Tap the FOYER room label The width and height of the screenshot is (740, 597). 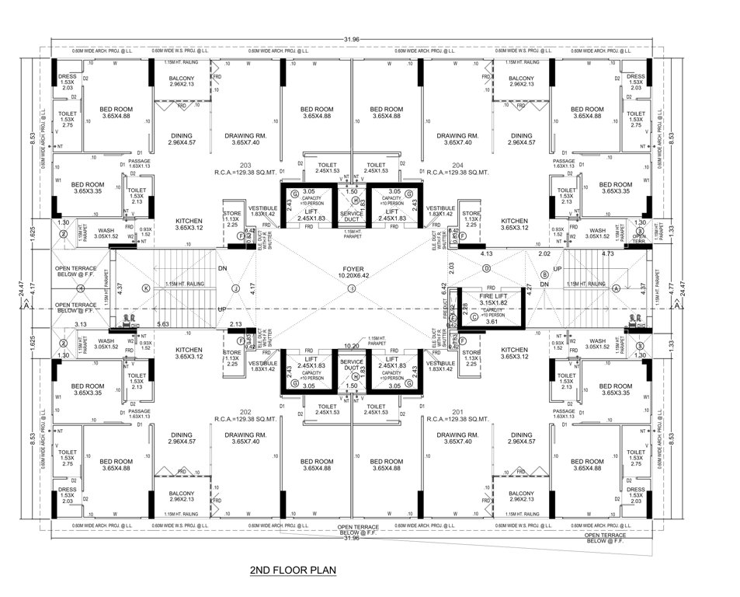point(351,269)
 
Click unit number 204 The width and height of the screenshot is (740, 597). point(457,166)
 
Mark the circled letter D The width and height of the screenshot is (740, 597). point(487,269)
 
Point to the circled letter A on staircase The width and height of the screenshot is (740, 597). point(616,288)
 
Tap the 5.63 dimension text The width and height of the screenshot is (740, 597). point(164,324)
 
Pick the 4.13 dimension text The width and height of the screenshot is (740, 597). point(488,253)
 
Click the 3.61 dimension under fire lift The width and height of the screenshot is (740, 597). point(491,320)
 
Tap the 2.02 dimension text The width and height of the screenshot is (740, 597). point(544,253)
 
